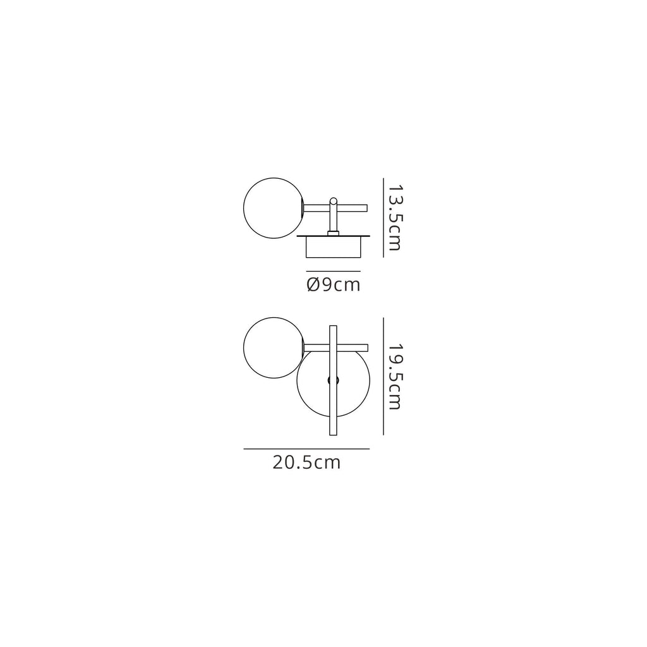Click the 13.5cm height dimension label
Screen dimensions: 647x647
pos(394,217)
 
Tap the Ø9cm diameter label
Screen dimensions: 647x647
pos(334,285)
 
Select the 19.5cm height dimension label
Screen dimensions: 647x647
pos(394,377)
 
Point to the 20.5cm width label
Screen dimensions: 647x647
pos(306,463)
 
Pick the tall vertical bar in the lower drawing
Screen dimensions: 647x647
pos(333,380)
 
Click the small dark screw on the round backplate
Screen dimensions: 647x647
pos(334,380)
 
